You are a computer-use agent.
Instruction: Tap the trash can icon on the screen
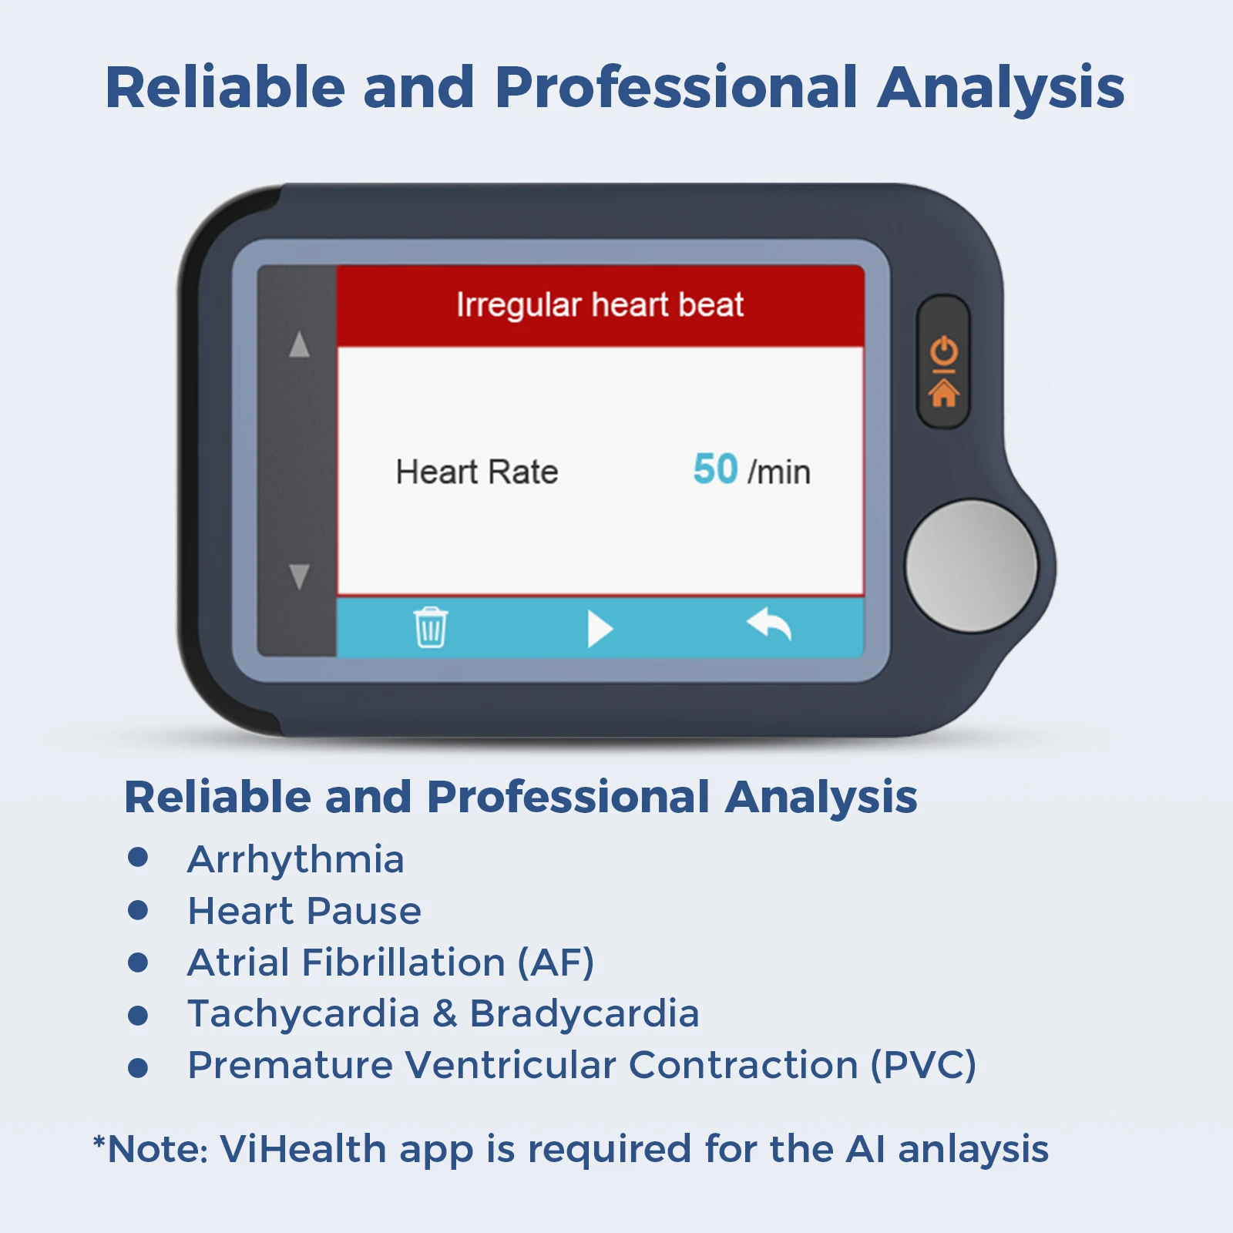tap(431, 627)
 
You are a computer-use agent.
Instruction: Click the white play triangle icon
tap(600, 629)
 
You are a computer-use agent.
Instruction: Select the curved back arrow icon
tap(769, 624)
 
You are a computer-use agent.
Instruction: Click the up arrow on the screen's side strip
tap(299, 344)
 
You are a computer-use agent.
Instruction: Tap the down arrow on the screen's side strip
tap(299, 576)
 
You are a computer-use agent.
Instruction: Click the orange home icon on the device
tap(943, 393)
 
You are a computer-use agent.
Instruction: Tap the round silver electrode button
tap(971, 566)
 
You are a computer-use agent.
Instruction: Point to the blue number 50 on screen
tap(715, 469)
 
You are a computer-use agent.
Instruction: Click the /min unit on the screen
tap(779, 472)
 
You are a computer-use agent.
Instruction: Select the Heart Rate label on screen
tap(477, 472)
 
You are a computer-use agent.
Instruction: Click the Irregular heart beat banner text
tap(600, 305)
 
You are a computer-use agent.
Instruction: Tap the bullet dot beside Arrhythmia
tap(138, 858)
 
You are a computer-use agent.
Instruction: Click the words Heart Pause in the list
tap(304, 911)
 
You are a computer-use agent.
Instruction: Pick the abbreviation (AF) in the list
tap(556, 963)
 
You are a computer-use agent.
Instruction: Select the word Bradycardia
tap(584, 1014)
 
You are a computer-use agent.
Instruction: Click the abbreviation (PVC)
tap(923, 1065)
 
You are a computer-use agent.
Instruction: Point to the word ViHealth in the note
tap(303, 1149)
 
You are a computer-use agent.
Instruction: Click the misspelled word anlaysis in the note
tap(973, 1151)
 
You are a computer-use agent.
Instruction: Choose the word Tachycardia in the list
tap(304, 1014)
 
